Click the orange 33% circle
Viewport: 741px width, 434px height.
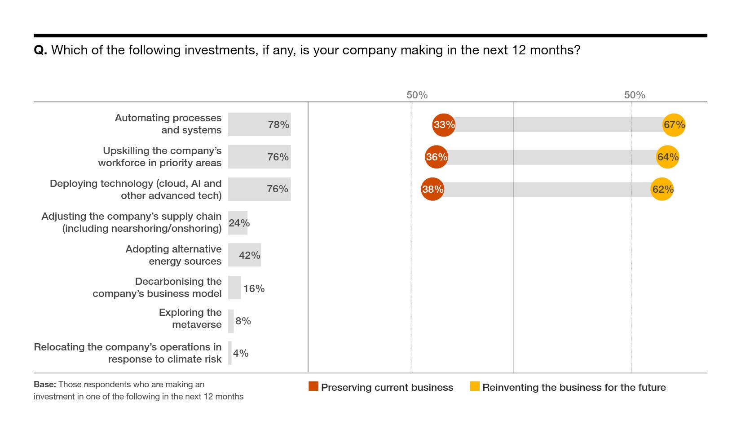[x=444, y=125]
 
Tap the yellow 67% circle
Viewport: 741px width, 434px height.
[x=674, y=125]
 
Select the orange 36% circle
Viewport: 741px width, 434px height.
[x=437, y=157]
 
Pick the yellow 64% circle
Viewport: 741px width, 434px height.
[x=667, y=157]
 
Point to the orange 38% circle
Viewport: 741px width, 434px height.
[x=432, y=189]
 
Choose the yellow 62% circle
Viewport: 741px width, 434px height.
[x=662, y=189]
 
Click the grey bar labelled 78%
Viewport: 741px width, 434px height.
[x=259, y=124]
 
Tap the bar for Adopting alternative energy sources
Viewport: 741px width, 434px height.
[x=244, y=255]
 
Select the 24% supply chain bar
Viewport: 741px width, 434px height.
[x=238, y=223]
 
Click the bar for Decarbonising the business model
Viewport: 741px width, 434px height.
[x=234, y=288]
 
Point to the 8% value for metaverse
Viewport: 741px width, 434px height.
[x=243, y=321]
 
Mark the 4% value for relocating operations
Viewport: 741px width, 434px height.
[x=241, y=353]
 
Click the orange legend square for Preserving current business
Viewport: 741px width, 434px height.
[x=313, y=386]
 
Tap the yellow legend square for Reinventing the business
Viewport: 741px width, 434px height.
[x=475, y=386]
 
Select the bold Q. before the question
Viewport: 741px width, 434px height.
[x=40, y=50]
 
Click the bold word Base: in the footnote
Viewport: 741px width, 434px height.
[x=45, y=385]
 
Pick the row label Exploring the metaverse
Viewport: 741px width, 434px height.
[x=190, y=319]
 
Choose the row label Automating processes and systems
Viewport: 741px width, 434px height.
[x=168, y=124]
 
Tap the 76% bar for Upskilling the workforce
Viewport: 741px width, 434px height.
[x=259, y=157]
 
